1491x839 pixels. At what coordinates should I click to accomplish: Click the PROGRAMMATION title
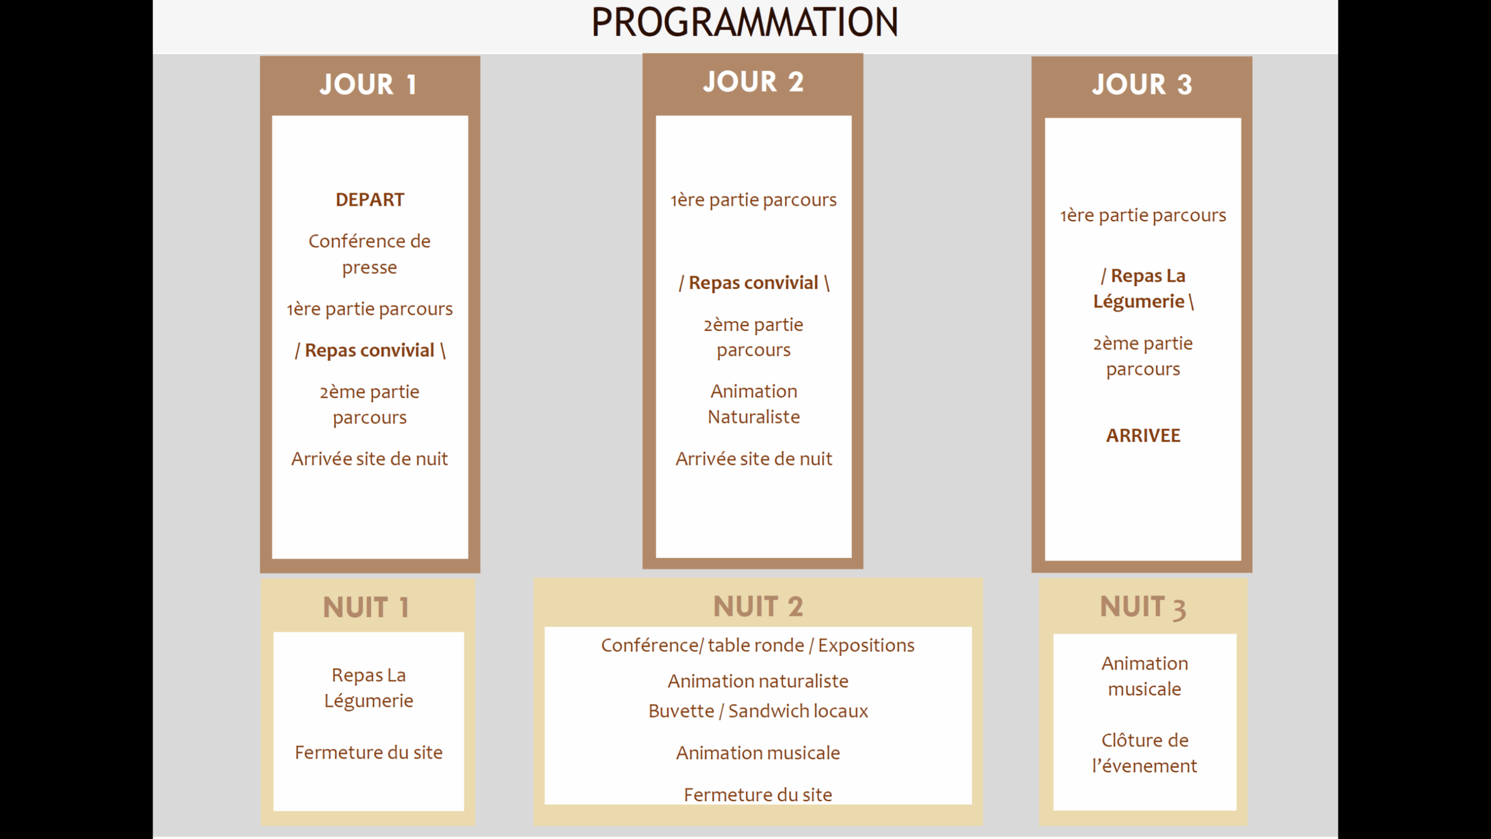point(744,22)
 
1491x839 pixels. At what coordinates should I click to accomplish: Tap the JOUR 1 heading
point(368,84)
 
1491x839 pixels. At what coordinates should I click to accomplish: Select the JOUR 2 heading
point(753,82)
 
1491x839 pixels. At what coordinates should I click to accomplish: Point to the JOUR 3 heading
point(1142,84)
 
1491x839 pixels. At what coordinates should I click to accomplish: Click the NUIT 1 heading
point(366,608)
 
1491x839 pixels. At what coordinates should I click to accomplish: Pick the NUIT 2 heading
point(758,607)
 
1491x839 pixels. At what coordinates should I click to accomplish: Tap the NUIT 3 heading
point(1143,608)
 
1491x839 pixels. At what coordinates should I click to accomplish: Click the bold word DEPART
point(370,200)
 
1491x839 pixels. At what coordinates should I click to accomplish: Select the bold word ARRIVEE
point(1143,436)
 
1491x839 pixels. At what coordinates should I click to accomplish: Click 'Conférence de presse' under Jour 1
point(370,254)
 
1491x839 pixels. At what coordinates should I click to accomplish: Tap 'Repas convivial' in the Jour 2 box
point(754,283)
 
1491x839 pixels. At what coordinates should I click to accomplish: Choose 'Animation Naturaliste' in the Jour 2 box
point(754,404)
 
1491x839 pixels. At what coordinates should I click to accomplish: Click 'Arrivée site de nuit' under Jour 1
point(370,459)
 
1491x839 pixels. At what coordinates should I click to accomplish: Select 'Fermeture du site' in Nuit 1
point(369,753)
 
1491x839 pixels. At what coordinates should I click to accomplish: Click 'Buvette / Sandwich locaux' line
point(758,711)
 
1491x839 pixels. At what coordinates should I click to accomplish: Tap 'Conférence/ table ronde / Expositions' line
point(758,646)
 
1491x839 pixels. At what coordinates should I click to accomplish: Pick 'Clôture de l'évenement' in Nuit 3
point(1144,753)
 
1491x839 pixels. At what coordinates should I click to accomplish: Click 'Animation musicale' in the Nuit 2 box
point(758,753)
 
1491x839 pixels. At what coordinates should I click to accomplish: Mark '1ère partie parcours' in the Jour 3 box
point(1143,216)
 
